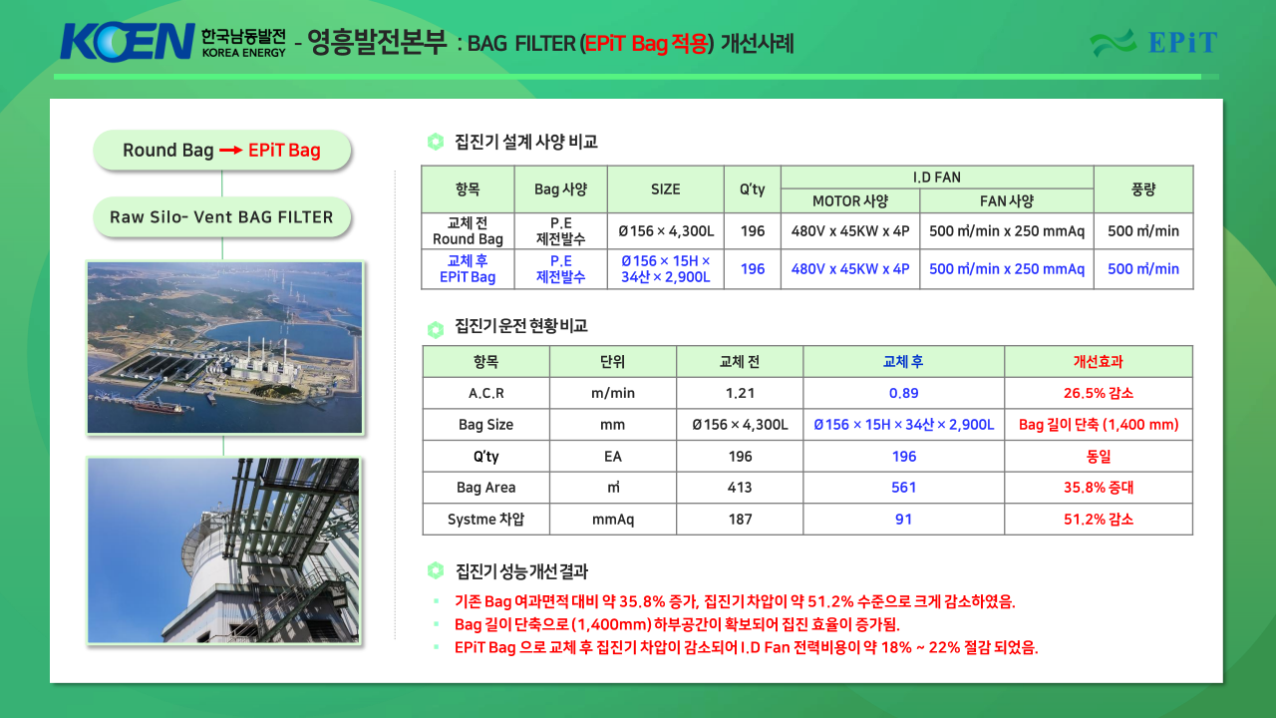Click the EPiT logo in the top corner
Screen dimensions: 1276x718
click(1153, 42)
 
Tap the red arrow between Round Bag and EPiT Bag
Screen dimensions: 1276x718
click(230, 151)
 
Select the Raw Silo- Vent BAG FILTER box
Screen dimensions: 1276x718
click(221, 217)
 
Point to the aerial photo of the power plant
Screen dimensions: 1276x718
click(224, 348)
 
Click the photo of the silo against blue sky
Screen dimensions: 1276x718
click(224, 550)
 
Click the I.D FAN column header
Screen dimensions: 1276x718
click(936, 178)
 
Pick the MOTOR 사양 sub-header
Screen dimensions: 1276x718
click(850, 201)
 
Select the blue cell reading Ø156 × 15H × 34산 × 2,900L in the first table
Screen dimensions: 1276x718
click(665, 269)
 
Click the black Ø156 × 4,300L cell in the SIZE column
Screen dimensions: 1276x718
click(665, 230)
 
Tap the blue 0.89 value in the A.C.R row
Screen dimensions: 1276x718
click(903, 393)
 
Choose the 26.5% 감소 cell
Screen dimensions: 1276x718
click(1099, 393)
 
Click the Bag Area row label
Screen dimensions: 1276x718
click(485, 488)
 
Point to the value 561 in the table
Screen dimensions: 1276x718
click(903, 488)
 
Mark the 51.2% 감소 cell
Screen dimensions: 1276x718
click(1099, 520)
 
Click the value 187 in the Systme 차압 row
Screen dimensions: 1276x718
click(740, 520)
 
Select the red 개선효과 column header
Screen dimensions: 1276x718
click(1099, 361)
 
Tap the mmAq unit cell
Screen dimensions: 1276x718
click(613, 520)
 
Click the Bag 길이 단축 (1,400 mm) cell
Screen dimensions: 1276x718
click(1099, 425)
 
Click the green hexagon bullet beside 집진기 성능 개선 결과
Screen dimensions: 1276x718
click(436, 570)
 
